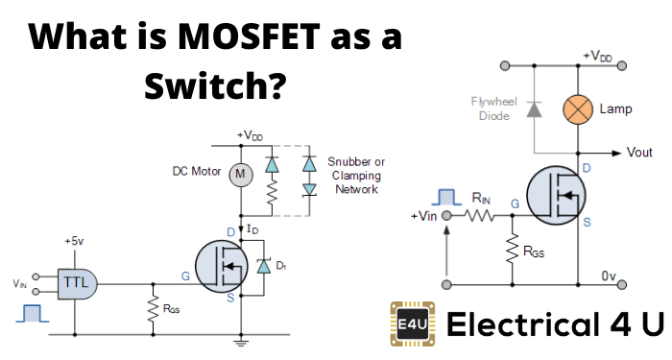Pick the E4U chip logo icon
411,324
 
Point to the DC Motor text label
193,173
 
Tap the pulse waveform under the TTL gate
33,314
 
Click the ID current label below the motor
253,229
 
